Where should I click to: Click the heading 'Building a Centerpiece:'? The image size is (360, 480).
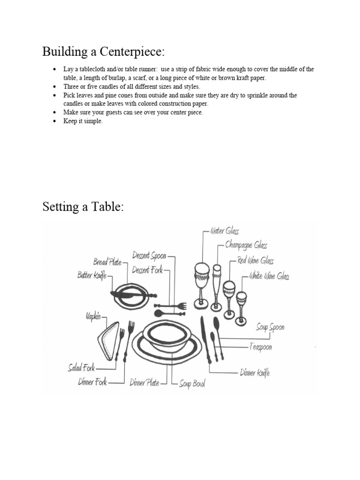pyautogui.click(x=104, y=51)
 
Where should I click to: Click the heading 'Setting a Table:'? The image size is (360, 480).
pyautogui.click(x=83, y=207)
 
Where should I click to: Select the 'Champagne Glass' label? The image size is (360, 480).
pyautogui.click(x=246, y=245)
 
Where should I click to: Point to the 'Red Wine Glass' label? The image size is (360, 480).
pyautogui.click(x=255, y=261)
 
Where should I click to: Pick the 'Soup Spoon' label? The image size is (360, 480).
pyautogui.click(x=270, y=327)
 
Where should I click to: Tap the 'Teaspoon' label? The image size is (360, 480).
pyautogui.click(x=260, y=347)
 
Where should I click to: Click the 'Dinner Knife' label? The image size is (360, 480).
pyautogui.click(x=255, y=373)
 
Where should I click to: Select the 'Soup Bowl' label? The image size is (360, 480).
pyautogui.click(x=192, y=384)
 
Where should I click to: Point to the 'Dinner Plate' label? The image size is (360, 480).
pyautogui.click(x=144, y=382)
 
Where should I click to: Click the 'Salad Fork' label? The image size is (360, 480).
pyautogui.click(x=81, y=368)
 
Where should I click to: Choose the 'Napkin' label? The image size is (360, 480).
pyautogui.click(x=93, y=316)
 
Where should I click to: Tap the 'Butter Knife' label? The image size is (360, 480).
pyautogui.click(x=92, y=276)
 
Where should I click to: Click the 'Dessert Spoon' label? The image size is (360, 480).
pyautogui.click(x=149, y=255)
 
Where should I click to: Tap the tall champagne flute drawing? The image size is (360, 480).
pyautogui.click(x=217, y=287)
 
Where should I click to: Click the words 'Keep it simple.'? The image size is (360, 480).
pyautogui.click(x=82, y=121)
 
